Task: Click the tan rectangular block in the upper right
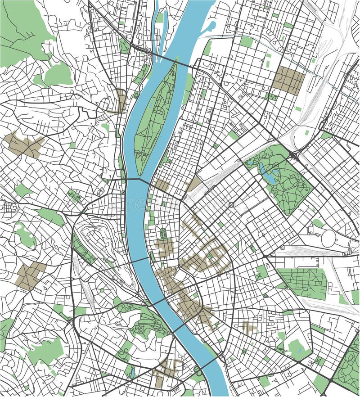[x=288, y=80]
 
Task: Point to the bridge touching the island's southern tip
[x=139, y=179]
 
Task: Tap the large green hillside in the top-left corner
[x=20, y=32]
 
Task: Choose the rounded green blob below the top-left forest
[x=58, y=75]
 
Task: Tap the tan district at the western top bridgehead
[x=118, y=101]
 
